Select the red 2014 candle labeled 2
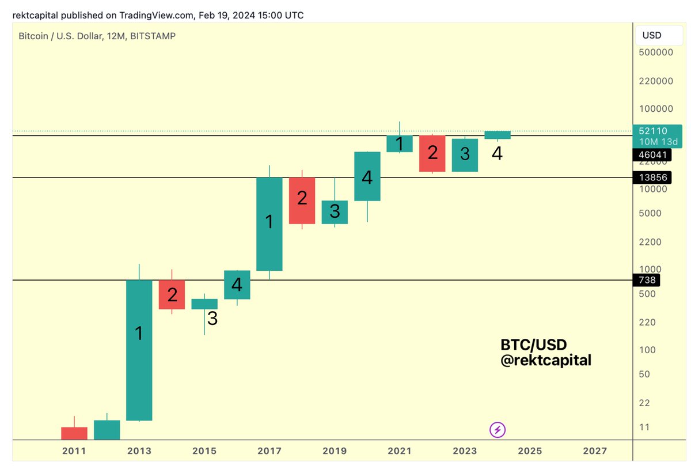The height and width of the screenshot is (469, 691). point(172,294)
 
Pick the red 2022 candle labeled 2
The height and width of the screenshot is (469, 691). point(432,153)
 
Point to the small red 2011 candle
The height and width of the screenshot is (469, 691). point(74,433)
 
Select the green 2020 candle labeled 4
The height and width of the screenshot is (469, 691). point(367,176)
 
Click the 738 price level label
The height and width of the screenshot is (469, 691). point(646,280)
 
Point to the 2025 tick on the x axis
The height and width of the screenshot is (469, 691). point(530,451)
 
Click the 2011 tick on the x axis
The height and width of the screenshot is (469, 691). point(74,451)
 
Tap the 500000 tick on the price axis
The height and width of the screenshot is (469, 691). point(655,52)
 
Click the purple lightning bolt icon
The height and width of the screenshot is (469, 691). point(498,429)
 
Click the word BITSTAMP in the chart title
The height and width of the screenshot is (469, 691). point(153,36)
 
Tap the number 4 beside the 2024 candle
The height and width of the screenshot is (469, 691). point(496,154)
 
